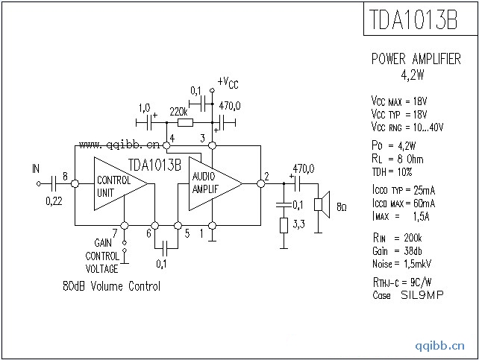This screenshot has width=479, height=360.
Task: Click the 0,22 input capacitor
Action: tap(54, 182)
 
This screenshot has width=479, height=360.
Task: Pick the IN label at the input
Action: tap(36, 168)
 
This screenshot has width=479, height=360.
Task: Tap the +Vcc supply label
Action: tap(228, 81)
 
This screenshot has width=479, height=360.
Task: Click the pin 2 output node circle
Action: tap(260, 182)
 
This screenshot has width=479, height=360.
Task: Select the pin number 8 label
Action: tap(66, 177)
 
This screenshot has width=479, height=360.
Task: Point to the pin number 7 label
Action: tap(113, 232)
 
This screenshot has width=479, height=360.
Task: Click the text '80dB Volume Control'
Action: tap(112, 286)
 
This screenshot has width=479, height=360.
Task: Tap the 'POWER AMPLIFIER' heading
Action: tap(416, 60)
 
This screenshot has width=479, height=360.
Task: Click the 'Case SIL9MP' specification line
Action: tap(407, 295)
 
